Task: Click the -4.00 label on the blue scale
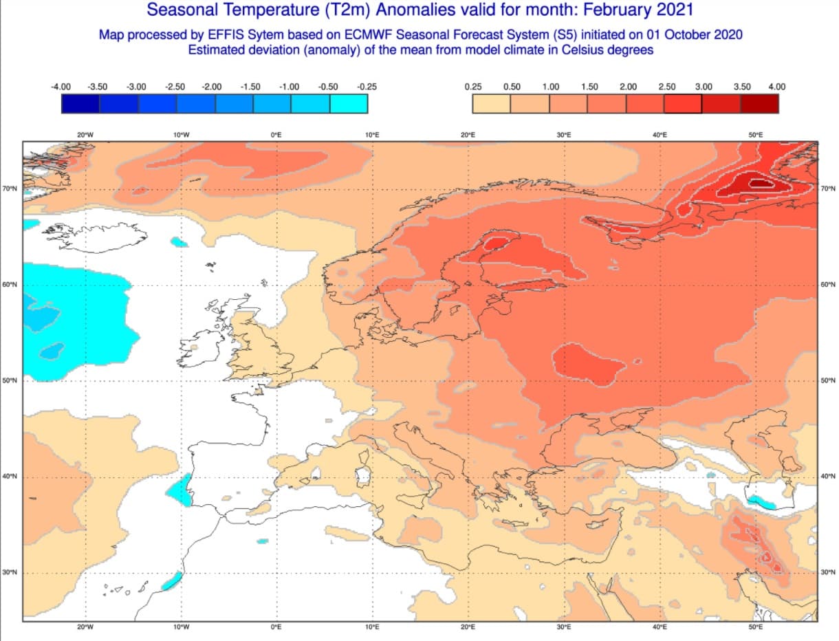tap(61, 87)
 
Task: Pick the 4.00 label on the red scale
tap(777, 87)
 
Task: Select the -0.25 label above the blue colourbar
tap(367, 87)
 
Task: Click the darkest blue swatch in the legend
tap(80, 104)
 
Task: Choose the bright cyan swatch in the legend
tap(349, 104)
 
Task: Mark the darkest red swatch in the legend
tap(760, 104)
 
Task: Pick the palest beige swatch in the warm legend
tap(491, 104)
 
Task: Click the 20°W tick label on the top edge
tap(85, 135)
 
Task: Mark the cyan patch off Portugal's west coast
tap(181, 491)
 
